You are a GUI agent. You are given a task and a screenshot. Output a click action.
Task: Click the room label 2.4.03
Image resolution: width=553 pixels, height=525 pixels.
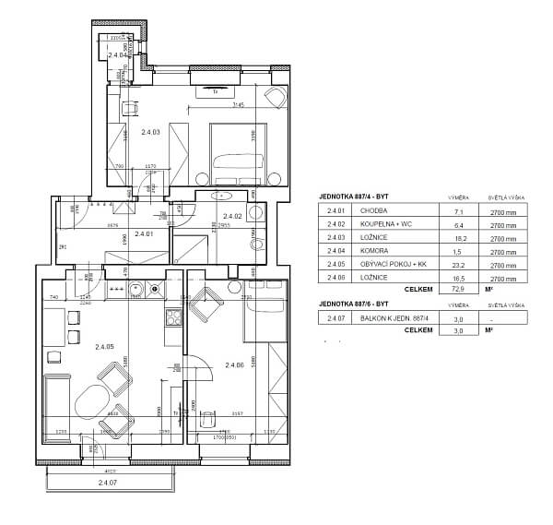pos(150,133)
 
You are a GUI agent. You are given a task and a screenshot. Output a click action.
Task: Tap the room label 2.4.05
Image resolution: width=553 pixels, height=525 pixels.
pos(104,346)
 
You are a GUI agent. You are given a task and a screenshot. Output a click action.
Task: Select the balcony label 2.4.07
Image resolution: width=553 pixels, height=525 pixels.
pos(108,483)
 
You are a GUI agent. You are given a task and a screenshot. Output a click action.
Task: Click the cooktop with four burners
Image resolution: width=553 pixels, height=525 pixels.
pos(171,318)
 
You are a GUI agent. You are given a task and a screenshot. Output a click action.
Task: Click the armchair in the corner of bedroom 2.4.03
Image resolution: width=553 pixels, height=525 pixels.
pos(275,97)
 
